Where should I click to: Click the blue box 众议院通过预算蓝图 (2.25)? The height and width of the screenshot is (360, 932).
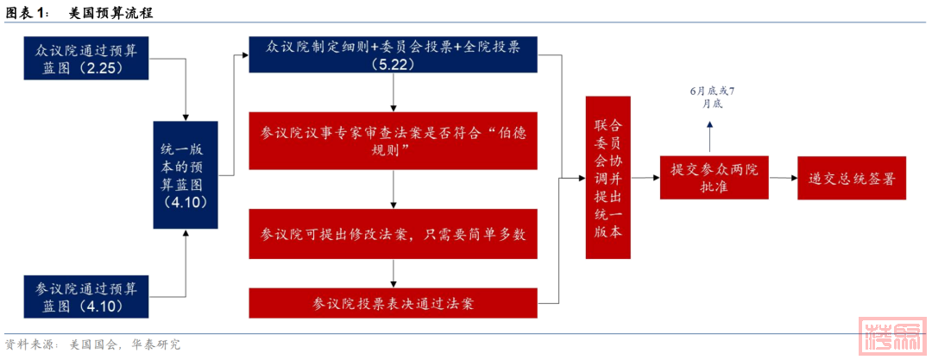[85, 59]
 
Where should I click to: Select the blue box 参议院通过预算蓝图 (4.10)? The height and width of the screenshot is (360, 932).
[85, 296]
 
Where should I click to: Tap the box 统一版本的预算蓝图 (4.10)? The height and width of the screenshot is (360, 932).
[186, 175]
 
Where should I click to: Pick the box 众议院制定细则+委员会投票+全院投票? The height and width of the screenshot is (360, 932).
[393, 55]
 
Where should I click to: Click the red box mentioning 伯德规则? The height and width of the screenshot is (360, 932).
[393, 141]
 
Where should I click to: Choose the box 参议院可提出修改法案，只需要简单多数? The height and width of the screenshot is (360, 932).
[393, 234]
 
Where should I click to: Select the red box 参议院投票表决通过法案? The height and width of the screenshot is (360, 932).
[393, 303]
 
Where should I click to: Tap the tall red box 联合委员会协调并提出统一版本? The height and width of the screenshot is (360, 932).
[608, 177]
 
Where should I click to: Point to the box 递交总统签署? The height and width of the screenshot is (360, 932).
[852, 178]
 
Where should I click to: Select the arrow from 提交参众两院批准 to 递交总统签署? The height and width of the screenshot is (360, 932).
[784, 178]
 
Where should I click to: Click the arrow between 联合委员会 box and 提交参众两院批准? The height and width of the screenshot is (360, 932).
[645, 177]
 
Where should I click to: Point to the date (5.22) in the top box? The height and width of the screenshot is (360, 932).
[393, 64]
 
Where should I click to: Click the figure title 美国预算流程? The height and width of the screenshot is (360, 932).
[111, 13]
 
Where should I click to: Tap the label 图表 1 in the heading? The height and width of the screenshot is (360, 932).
[29, 13]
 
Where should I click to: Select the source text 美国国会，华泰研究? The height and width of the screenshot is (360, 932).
[125, 344]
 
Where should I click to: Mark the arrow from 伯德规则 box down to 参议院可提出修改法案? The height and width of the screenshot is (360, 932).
[393, 189]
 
